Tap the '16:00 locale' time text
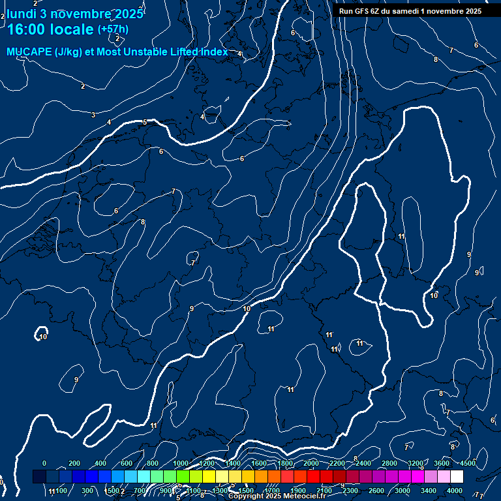[x=51, y=29]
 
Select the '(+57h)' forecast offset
[x=113, y=29]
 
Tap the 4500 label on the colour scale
[x=467, y=463]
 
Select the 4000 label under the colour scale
[x=455, y=491]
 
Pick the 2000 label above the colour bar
[x=311, y=463]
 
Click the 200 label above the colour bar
[x=74, y=463]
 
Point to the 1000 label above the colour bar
[x=181, y=463]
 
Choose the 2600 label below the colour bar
[x=376, y=491]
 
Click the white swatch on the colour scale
[x=457, y=477]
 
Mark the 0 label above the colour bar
[x=44, y=463]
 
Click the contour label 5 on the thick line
[x=145, y=122]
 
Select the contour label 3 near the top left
[x=93, y=115]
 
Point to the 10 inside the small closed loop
[x=43, y=337]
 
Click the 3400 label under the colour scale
[x=429, y=491]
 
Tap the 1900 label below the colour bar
[x=297, y=491]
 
